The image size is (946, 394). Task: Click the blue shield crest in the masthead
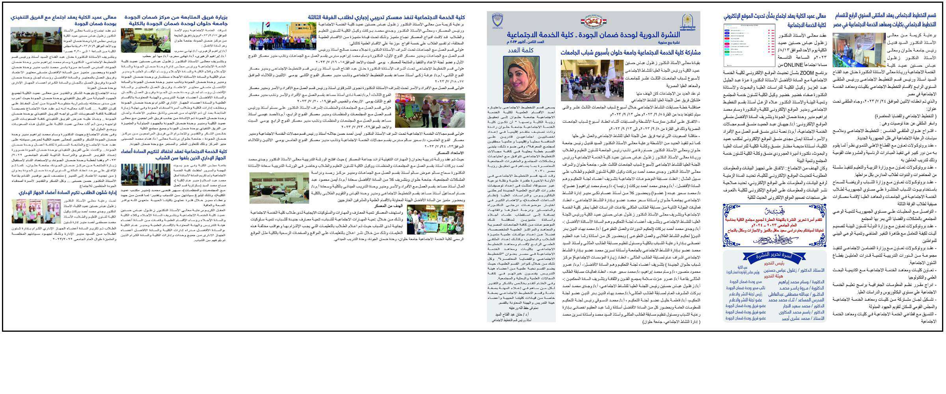498,20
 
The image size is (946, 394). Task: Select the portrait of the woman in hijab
521,79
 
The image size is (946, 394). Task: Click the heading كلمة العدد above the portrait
521,50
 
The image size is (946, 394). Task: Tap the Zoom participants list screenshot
749,45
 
